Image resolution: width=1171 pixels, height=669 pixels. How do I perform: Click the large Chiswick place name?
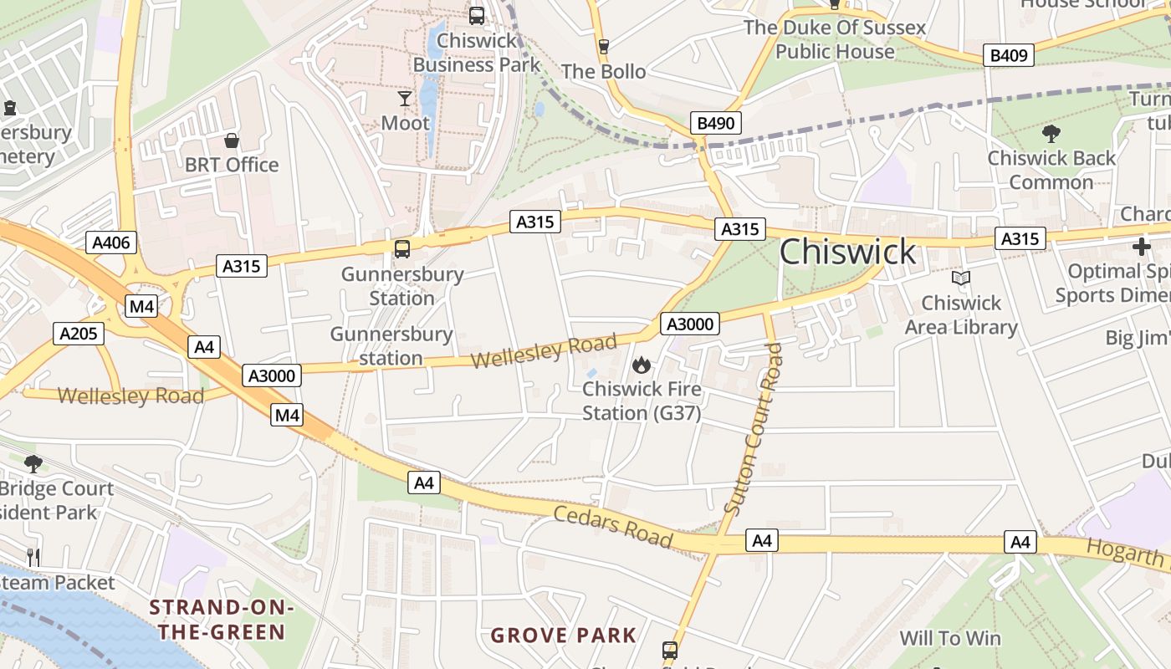click(x=848, y=252)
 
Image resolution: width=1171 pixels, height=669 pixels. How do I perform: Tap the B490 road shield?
click(x=716, y=124)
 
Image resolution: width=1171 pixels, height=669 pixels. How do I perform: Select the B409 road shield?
click(x=1010, y=55)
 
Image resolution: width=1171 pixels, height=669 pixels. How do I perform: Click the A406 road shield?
click(x=111, y=243)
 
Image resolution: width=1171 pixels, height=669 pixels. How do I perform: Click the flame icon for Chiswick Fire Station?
click(x=642, y=365)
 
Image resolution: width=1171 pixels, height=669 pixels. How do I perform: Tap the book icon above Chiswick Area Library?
click(x=961, y=278)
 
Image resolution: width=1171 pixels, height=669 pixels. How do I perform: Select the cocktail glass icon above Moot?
click(x=405, y=99)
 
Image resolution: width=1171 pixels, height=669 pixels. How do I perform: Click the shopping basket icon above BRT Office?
click(x=232, y=140)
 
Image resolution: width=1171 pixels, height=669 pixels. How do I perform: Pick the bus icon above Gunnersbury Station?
click(x=402, y=248)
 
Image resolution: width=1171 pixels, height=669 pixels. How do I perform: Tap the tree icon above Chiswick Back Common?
click(x=1051, y=133)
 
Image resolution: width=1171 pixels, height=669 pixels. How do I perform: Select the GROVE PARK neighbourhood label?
click(x=564, y=636)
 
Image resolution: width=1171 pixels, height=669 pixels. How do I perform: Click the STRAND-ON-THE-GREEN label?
click(x=217, y=619)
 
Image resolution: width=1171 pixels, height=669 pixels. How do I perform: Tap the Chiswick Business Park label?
click(x=477, y=53)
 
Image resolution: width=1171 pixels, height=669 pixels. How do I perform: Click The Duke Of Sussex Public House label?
click(x=835, y=39)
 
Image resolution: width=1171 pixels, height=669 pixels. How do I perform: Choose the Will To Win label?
click(x=950, y=639)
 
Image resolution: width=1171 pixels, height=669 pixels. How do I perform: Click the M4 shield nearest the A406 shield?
click(x=141, y=306)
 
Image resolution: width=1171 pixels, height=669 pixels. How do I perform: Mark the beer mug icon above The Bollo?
click(x=603, y=46)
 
